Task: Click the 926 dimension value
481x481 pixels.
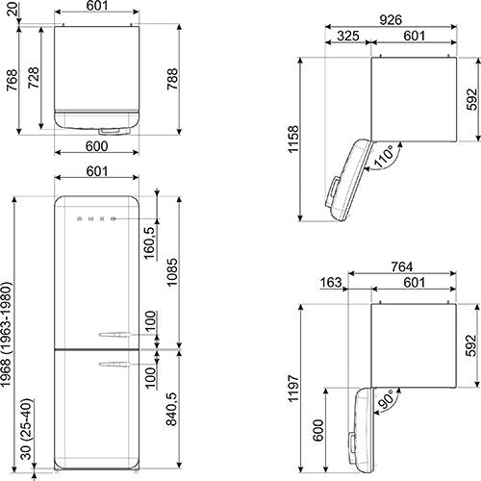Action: pyautogui.click(x=391, y=20)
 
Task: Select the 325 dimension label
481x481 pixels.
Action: pyautogui.click(x=348, y=36)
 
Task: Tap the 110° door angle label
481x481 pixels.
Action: pyautogui.click(x=384, y=156)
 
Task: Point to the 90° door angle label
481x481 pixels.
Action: pyautogui.click(x=386, y=399)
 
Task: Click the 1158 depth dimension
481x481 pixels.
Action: pyautogui.click(x=293, y=139)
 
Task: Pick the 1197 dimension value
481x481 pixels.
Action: pyautogui.click(x=293, y=388)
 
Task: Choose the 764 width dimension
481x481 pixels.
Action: pyautogui.click(x=402, y=266)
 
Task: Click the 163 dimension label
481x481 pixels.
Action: pyautogui.click(x=331, y=283)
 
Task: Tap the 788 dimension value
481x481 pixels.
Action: pyautogui.click(x=172, y=79)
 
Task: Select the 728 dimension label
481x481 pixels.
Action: pyautogui.click(x=34, y=78)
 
